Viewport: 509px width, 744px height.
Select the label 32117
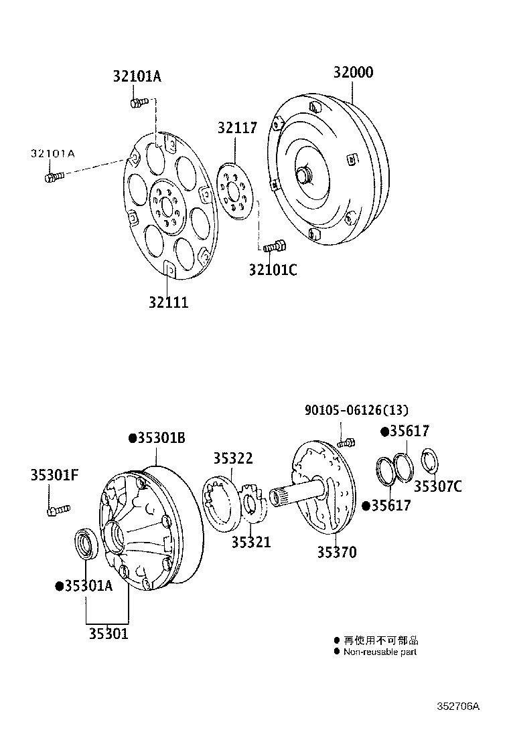coord(236,128)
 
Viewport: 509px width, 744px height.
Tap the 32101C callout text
coord(273,270)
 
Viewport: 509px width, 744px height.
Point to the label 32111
coord(168,302)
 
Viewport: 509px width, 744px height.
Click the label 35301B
coord(157,438)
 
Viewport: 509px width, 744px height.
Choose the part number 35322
coord(233,458)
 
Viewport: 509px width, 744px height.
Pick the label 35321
coord(251,542)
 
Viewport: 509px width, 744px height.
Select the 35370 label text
coord(337,553)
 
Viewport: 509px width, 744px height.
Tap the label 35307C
coord(437,486)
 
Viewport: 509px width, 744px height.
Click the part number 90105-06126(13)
coord(356,410)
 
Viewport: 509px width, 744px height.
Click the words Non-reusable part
coord(380,652)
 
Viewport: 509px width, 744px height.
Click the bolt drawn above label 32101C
coord(275,247)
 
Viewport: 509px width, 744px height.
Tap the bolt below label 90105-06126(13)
coord(345,442)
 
